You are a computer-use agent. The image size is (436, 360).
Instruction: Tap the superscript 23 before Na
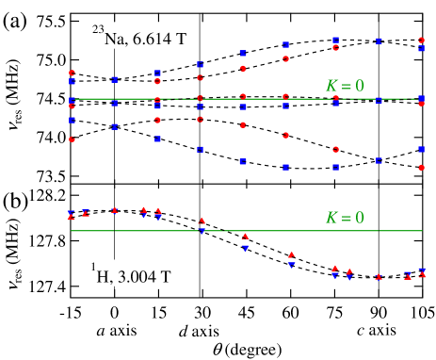click(97, 31)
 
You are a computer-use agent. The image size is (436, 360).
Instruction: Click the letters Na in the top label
click(116, 40)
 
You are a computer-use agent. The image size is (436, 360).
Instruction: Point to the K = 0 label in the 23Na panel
click(344, 86)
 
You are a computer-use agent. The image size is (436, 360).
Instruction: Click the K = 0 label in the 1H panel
click(344, 218)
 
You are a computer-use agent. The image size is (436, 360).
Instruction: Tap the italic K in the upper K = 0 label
click(331, 86)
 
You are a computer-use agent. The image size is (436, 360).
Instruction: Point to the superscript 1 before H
click(94, 268)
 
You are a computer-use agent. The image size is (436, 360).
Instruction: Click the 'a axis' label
click(117, 331)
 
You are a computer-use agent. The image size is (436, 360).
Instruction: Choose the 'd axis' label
click(199, 331)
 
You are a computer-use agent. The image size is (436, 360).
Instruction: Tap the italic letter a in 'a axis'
click(101, 332)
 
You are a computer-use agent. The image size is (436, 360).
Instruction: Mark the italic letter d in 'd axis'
click(184, 331)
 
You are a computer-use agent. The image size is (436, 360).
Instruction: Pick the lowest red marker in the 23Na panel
click(422, 168)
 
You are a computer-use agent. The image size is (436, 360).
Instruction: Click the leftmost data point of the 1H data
click(71, 215)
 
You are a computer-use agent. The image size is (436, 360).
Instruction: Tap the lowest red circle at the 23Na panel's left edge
click(72, 139)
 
